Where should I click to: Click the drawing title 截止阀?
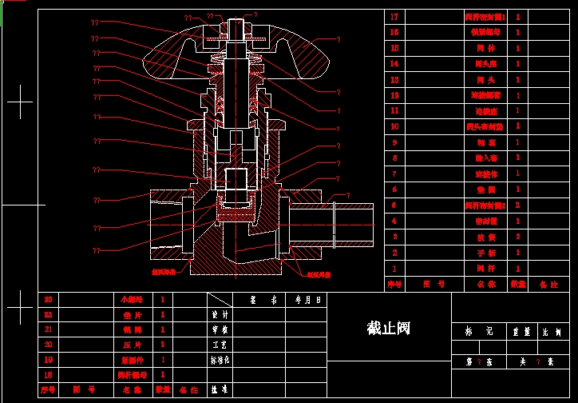click(x=388, y=328)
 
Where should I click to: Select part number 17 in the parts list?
click(x=394, y=17)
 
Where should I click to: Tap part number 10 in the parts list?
click(x=394, y=126)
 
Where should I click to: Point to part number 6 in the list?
click(x=394, y=190)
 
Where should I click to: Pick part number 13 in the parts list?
click(x=394, y=80)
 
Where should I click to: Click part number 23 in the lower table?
click(x=48, y=300)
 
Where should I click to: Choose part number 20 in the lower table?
click(x=48, y=344)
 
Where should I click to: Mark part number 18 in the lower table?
click(x=48, y=374)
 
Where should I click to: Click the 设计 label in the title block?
click(x=215, y=314)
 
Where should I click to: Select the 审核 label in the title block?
click(x=215, y=329)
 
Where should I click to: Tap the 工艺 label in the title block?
click(x=215, y=345)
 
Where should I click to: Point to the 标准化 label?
click(x=220, y=360)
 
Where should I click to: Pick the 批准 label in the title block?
click(x=215, y=390)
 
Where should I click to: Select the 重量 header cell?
click(x=521, y=330)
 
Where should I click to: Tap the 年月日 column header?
click(x=307, y=300)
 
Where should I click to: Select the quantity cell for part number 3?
click(x=518, y=237)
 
